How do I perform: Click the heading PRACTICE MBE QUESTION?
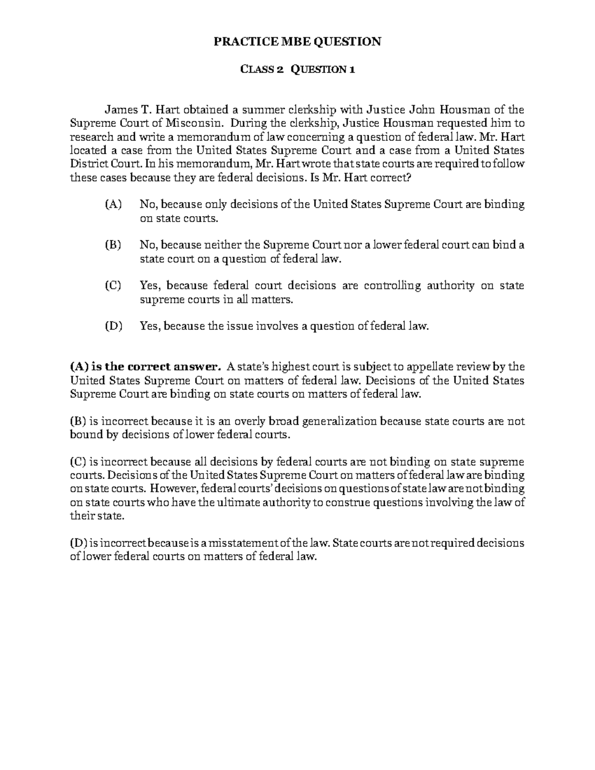(x=297, y=42)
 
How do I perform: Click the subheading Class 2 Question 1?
(x=297, y=69)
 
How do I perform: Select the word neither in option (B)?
(x=226, y=245)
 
